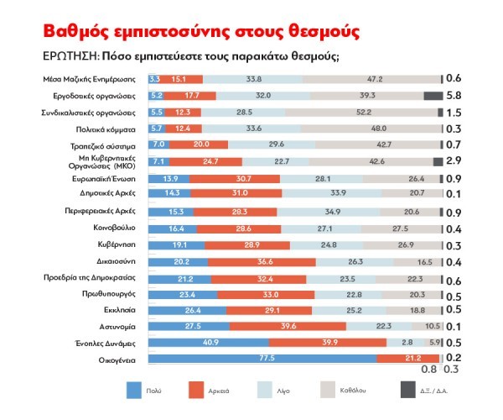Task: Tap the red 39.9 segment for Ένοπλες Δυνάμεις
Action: [x=327, y=343]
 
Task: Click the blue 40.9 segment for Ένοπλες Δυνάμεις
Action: [x=209, y=343]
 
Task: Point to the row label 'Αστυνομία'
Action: [x=117, y=326]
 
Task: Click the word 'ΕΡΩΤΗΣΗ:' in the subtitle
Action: [x=70, y=57]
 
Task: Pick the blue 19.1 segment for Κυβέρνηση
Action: [x=174, y=244]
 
